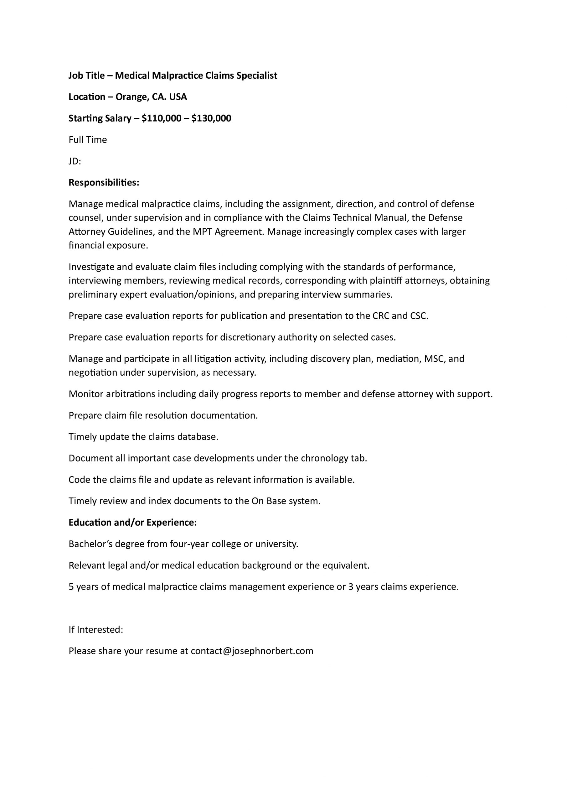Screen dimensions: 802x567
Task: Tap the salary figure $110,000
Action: [x=161, y=118]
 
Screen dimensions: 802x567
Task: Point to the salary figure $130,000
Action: [x=211, y=118]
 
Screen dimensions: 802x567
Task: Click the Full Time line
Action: [x=88, y=140]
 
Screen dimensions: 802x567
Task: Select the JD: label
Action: [x=75, y=161]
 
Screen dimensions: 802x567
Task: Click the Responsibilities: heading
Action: [x=104, y=183]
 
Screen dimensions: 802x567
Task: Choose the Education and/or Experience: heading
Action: [x=133, y=523]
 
